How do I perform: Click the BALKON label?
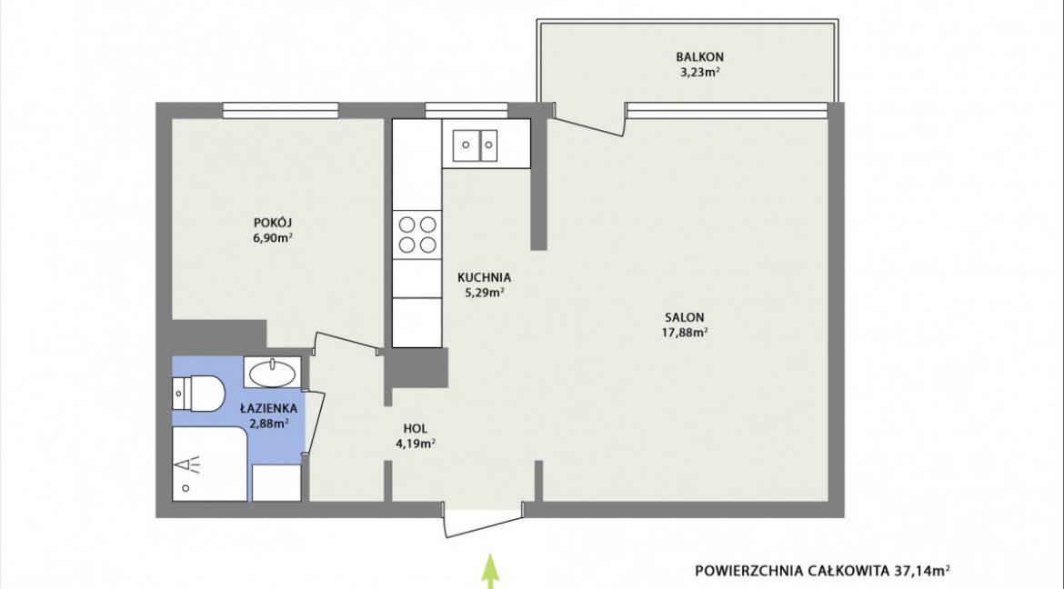click(x=699, y=57)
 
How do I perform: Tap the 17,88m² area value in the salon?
click(x=685, y=332)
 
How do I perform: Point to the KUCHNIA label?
click(x=484, y=277)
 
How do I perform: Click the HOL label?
click(x=416, y=429)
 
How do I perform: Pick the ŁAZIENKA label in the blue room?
click(x=268, y=408)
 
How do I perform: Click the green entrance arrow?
click(x=490, y=572)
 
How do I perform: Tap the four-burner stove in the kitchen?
click(x=417, y=235)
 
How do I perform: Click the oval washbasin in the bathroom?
click(x=272, y=373)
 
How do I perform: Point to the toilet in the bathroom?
click(x=197, y=393)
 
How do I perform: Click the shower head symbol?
click(x=188, y=465)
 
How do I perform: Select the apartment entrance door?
click(x=484, y=521)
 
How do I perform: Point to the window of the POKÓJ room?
click(x=281, y=110)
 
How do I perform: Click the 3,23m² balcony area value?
click(x=699, y=72)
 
